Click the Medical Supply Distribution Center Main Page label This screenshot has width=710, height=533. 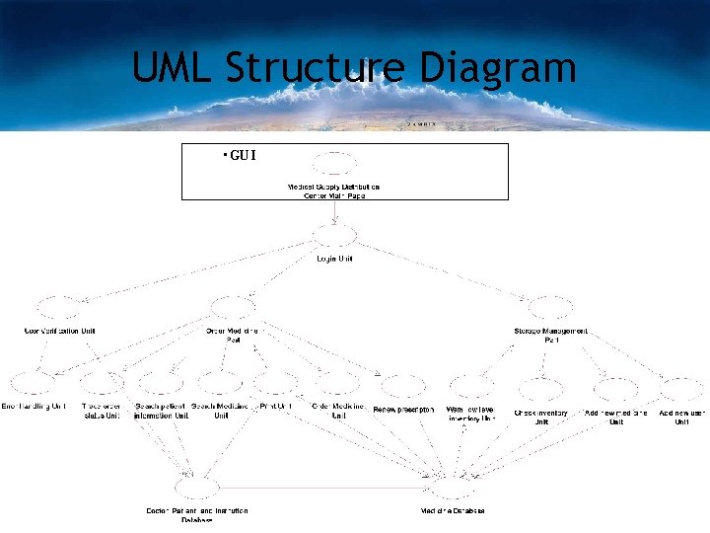[334, 190]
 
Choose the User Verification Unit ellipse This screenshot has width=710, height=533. [59, 308]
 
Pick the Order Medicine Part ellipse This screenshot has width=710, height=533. [233, 308]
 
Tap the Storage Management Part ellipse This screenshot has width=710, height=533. [550, 308]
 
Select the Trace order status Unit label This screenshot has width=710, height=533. [101, 411]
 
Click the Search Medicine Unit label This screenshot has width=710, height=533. [219, 411]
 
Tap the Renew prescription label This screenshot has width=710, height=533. [403, 409]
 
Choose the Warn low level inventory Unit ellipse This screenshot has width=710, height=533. [470, 385]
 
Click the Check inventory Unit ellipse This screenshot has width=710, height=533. [540, 387]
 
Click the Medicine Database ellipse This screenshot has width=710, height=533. [453, 487]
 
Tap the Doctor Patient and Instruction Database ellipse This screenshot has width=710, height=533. [196, 487]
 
